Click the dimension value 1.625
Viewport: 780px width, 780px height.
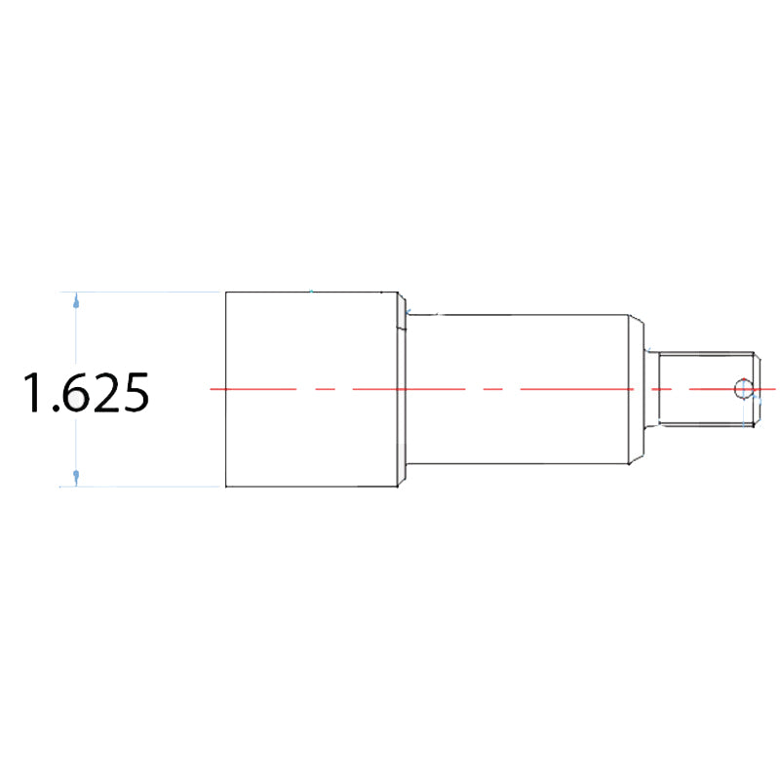click(x=86, y=392)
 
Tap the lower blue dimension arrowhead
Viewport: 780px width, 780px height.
click(x=76, y=478)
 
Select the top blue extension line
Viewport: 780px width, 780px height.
click(x=139, y=292)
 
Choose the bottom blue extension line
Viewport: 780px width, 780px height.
click(x=139, y=487)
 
